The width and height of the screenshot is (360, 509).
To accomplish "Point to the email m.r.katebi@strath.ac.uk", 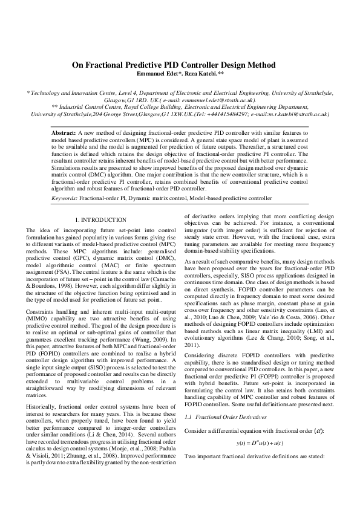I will pyautogui.click(x=294, y=113).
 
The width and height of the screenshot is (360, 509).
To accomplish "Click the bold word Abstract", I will pyautogui.click(x=64, y=131).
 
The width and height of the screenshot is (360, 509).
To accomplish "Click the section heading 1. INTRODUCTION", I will pyautogui.click(x=100, y=220).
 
